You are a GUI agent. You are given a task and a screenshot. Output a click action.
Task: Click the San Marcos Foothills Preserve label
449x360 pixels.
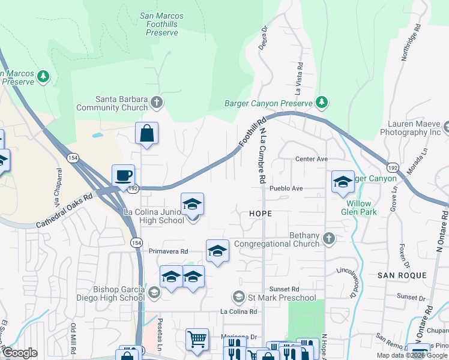(x=161, y=24)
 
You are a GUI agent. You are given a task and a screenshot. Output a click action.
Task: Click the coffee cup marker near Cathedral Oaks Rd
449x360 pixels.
(x=123, y=176)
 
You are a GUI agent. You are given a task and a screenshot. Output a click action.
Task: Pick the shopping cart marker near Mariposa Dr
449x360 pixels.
(x=197, y=339)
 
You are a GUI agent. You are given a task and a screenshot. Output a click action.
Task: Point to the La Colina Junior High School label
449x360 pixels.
(x=154, y=216)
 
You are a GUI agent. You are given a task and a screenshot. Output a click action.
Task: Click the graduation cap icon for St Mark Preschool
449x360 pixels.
(x=238, y=296)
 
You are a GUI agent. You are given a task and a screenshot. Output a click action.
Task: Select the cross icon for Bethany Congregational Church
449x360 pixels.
(x=328, y=238)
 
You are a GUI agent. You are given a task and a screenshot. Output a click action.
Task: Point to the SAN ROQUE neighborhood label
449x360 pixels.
(x=402, y=275)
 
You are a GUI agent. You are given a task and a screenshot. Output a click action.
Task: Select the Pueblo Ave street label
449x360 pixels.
(x=286, y=188)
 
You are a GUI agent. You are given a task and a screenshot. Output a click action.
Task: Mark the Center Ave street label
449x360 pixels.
(x=311, y=159)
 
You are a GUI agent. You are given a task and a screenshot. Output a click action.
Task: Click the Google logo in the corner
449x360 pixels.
(x=20, y=353)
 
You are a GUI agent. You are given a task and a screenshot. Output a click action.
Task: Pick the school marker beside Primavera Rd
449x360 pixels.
(x=217, y=251)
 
